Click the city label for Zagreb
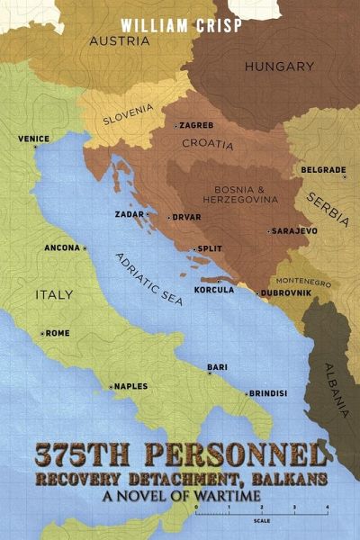pos(196,125)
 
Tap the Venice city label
pos(34,139)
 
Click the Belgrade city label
pos(324,170)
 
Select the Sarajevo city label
pos(294,230)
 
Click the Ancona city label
pos(62,247)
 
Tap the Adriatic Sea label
pos(148,279)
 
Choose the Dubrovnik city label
pos(288,292)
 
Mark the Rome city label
pos(56,333)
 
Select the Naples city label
pos(130,386)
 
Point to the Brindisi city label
pos(269,393)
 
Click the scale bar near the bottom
pos(262,512)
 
